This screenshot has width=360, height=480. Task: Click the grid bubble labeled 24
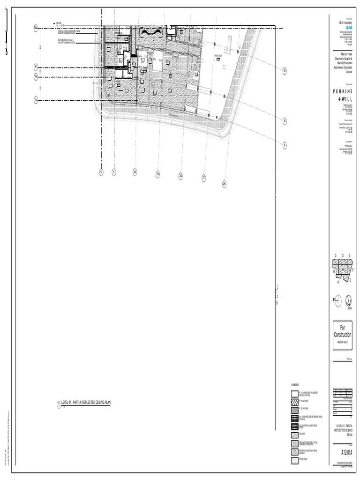point(135,172)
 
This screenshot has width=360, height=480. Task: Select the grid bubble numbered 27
point(204,178)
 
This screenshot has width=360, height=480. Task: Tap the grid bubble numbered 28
point(224,184)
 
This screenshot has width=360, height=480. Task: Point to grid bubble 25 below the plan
point(158,174)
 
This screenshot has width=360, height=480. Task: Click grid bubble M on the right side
point(284,71)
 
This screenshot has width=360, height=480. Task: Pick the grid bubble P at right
point(284,144)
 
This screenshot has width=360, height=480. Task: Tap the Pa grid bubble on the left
point(36,100)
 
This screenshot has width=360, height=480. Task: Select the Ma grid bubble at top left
point(36,29)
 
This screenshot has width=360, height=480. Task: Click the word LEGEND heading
point(295,384)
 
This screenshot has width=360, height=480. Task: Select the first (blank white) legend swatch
point(294,393)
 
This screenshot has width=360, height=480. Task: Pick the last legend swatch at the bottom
point(294,459)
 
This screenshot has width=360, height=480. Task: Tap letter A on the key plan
point(337,282)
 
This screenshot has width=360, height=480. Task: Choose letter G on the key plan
point(350,280)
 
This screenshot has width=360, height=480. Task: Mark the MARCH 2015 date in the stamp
point(342,343)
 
